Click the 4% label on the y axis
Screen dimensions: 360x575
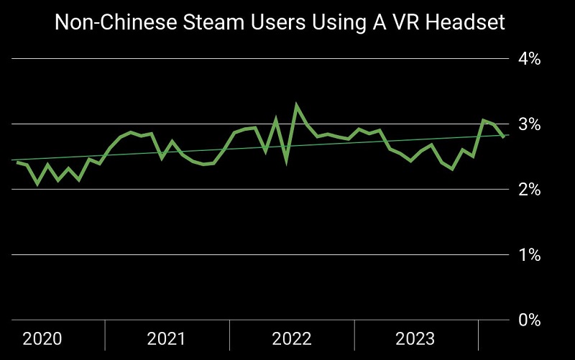coord(530,59)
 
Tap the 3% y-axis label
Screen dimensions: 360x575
coord(530,124)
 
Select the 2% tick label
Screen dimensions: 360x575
coord(530,190)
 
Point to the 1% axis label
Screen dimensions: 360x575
coord(530,255)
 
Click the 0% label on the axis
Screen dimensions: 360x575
coord(530,320)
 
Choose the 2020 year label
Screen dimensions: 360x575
coord(42,339)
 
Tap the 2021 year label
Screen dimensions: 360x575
coord(167,339)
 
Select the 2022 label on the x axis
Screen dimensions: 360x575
coord(292,339)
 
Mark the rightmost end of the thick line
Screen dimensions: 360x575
coord(503,137)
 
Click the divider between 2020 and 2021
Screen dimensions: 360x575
coord(105,334)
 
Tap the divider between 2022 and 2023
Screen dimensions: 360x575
coord(354,334)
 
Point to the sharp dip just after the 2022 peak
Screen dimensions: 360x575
coord(286,160)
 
